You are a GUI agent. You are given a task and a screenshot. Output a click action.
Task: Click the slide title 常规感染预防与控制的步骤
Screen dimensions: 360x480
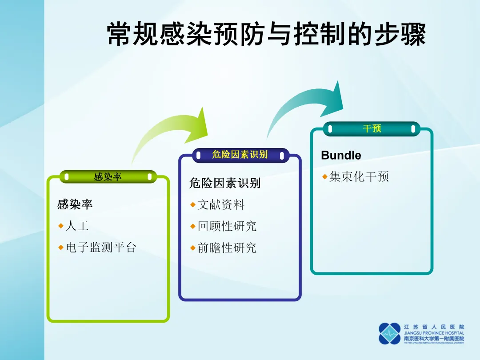point(267,34)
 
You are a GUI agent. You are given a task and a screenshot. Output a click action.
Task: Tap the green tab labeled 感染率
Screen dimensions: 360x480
point(108,177)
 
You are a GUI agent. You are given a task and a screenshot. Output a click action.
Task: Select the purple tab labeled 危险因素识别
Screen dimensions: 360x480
point(240,155)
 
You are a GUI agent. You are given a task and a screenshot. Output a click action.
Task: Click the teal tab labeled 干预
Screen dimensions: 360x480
point(372,129)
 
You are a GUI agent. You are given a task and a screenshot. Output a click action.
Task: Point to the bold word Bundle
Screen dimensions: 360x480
point(341,155)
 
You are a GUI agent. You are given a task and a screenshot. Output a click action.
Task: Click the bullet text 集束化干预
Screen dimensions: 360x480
point(359,177)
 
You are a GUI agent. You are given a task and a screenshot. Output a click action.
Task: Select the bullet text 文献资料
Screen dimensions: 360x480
point(221,205)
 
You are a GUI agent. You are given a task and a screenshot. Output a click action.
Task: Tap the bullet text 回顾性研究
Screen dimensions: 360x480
point(227,226)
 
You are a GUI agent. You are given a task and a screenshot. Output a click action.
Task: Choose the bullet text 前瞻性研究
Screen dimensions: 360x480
point(227,248)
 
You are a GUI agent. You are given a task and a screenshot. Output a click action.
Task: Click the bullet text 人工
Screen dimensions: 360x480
point(77,226)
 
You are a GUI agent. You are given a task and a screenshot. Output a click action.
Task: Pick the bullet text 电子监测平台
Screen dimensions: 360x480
point(101,248)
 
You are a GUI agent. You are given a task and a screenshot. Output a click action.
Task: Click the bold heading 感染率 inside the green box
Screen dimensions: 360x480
point(75,204)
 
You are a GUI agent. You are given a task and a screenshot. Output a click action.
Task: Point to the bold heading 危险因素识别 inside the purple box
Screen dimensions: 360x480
point(225,183)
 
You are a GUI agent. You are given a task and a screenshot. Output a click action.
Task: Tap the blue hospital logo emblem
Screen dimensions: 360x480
point(389,333)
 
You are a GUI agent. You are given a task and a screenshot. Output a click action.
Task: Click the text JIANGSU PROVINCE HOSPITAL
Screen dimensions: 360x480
point(434,333)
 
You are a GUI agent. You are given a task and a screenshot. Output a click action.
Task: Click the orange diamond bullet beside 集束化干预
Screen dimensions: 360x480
point(325,177)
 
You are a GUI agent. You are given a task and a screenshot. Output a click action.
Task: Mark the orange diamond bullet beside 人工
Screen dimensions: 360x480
point(61,226)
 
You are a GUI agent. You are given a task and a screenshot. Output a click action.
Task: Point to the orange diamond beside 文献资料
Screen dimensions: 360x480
point(193,205)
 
